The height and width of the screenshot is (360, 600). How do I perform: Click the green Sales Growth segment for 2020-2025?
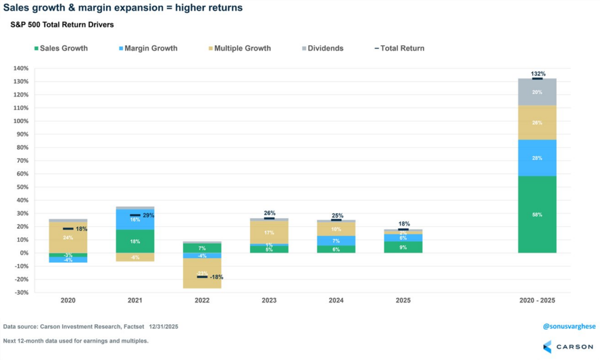coord(537,214)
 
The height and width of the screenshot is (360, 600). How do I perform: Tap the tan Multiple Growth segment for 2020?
coord(68,237)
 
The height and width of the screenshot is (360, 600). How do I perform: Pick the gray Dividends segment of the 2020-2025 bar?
coord(537,92)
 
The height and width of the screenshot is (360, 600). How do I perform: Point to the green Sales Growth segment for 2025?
coord(404,247)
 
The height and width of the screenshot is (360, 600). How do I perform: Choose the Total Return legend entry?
coord(398,48)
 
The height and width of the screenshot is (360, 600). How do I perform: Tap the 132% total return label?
coord(538,74)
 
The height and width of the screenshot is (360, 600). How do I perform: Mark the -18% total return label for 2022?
coord(215,277)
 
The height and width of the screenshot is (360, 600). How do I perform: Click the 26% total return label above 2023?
coord(270,213)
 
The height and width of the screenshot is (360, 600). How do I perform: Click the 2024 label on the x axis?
coord(336,300)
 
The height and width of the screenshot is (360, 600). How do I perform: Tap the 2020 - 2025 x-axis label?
coord(537,300)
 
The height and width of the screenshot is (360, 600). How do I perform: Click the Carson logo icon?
coord(547,347)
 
